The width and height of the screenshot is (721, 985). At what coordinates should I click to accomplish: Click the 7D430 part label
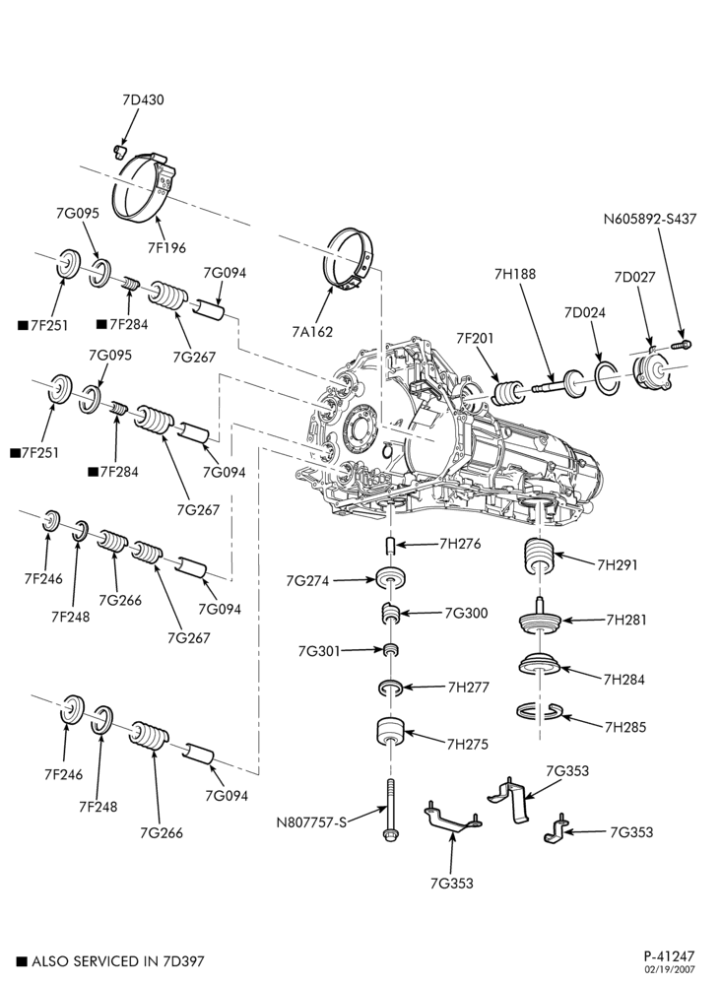click(x=143, y=99)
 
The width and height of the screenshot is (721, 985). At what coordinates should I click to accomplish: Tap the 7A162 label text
click(x=312, y=332)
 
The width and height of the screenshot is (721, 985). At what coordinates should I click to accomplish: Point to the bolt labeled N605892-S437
click(x=682, y=344)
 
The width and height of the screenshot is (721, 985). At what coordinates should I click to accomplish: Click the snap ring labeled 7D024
click(x=608, y=379)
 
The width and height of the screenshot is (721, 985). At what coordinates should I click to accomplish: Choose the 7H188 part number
click(x=514, y=275)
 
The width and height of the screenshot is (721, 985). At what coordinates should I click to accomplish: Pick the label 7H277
click(x=468, y=688)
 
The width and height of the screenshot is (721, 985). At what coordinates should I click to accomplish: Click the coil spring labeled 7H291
click(x=538, y=557)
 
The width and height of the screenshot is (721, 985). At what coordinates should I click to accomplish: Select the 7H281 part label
click(x=626, y=620)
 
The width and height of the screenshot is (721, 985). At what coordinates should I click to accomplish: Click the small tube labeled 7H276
click(x=390, y=546)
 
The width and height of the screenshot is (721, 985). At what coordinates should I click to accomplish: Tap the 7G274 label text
click(x=307, y=581)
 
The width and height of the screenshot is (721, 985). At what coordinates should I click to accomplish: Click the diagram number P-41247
click(x=669, y=956)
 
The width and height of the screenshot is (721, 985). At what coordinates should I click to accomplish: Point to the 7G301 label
click(x=319, y=651)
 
